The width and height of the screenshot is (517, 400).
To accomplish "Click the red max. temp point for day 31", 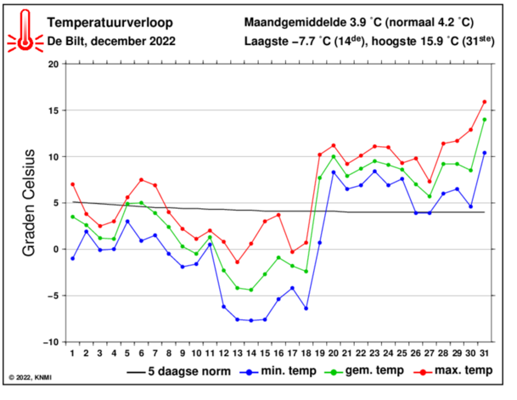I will click(484, 102).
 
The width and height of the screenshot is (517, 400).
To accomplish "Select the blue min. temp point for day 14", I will click(251, 320).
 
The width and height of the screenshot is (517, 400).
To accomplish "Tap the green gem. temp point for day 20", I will click(333, 156).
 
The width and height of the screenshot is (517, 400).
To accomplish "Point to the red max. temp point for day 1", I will click(73, 184).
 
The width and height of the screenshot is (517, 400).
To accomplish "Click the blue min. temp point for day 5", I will click(127, 221).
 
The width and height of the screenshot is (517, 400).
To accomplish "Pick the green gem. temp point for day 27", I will click(430, 196).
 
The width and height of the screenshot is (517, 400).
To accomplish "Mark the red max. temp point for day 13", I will click(237, 262).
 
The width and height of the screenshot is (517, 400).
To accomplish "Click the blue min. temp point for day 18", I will click(306, 308).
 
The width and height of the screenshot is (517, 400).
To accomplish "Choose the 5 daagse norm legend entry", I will click(179, 372).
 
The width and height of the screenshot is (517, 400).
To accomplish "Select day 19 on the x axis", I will click(320, 352).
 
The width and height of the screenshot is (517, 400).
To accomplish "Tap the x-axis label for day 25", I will click(402, 352).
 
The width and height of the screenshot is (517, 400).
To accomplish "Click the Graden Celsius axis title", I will click(29, 203).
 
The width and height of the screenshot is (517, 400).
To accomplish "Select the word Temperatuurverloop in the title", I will click(109, 23).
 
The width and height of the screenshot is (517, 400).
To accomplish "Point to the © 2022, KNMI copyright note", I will click(31, 377).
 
